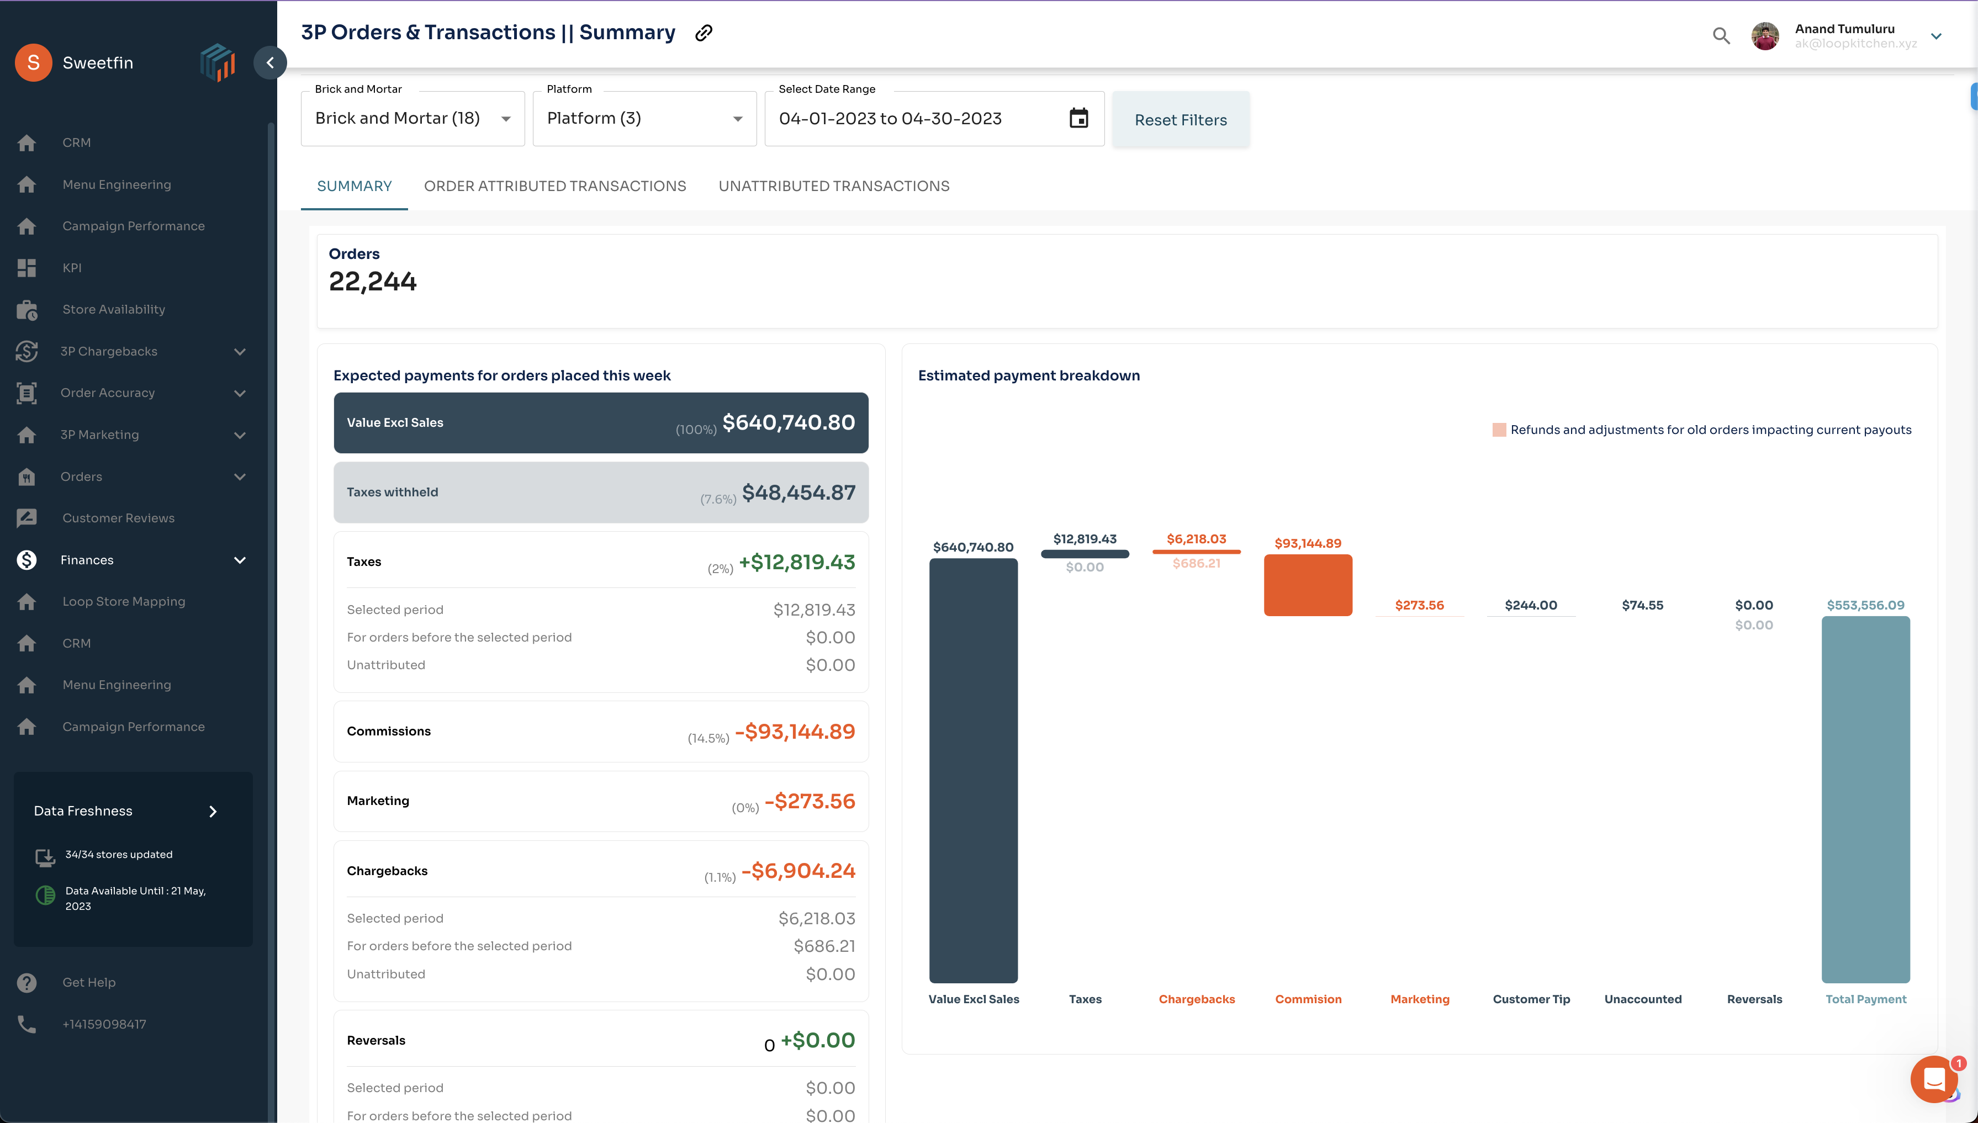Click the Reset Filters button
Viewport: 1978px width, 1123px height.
pyautogui.click(x=1180, y=120)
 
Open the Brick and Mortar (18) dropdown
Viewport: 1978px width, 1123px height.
pyautogui.click(x=412, y=119)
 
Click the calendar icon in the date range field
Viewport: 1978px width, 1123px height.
pyautogui.click(x=1078, y=118)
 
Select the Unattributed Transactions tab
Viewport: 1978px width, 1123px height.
pyautogui.click(x=833, y=186)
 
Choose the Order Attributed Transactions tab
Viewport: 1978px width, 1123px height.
pyautogui.click(x=554, y=186)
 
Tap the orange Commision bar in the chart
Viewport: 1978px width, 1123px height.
pyautogui.click(x=1308, y=585)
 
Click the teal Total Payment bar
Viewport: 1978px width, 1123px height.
pyautogui.click(x=1865, y=798)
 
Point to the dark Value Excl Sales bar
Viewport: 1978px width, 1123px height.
pyautogui.click(x=973, y=770)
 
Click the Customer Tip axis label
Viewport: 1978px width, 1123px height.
pyautogui.click(x=1531, y=999)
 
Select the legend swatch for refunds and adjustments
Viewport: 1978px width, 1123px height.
pyautogui.click(x=1499, y=430)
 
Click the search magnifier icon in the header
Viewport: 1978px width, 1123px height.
pyautogui.click(x=1721, y=35)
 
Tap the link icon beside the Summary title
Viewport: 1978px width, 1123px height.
pyautogui.click(x=704, y=33)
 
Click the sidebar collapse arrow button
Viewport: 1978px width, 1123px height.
pyautogui.click(x=270, y=62)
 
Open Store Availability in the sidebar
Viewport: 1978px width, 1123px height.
pyautogui.click(x=113, y=309)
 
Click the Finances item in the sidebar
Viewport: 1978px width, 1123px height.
pyautogui.click(x=87, y=560)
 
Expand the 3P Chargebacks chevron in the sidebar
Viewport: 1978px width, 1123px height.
pyautogui.click(x=240, y=352)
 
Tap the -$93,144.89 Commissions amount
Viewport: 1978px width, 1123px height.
pyautogui.click(x=795, y=731)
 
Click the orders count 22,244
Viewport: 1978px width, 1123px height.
pyautogui.click(x=373, y=282)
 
